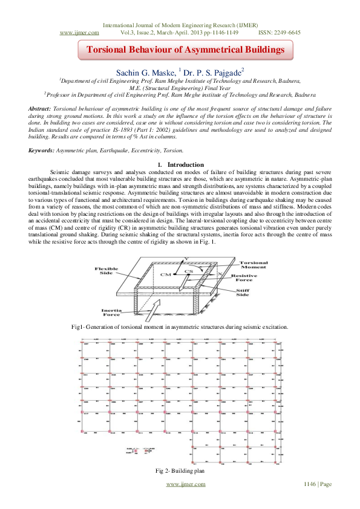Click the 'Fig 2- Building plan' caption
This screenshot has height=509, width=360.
(180, 470)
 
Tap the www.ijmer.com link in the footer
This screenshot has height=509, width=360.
(185, 484)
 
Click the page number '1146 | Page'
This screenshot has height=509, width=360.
(318, 484)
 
